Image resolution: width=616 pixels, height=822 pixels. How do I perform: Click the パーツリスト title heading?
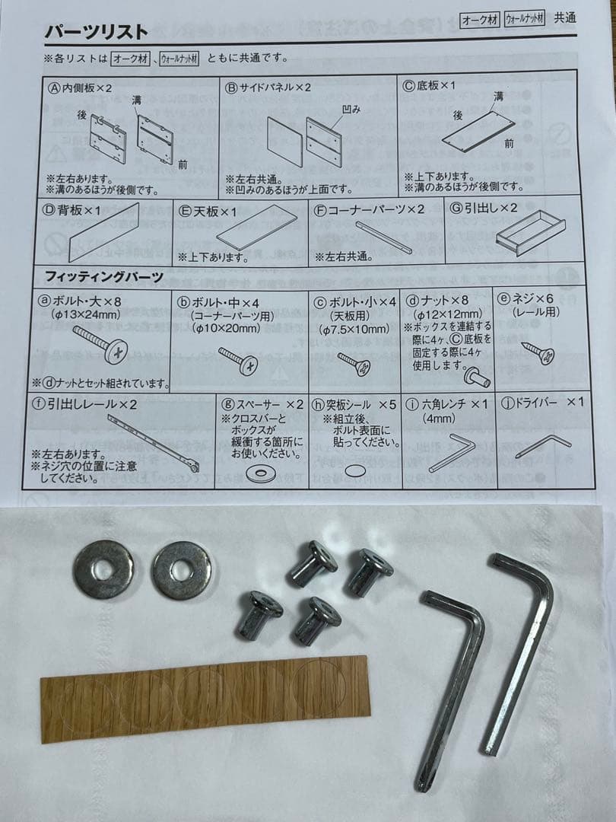pos(96,31)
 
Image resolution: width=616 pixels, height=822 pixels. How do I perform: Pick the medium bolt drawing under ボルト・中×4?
pos(239,359)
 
